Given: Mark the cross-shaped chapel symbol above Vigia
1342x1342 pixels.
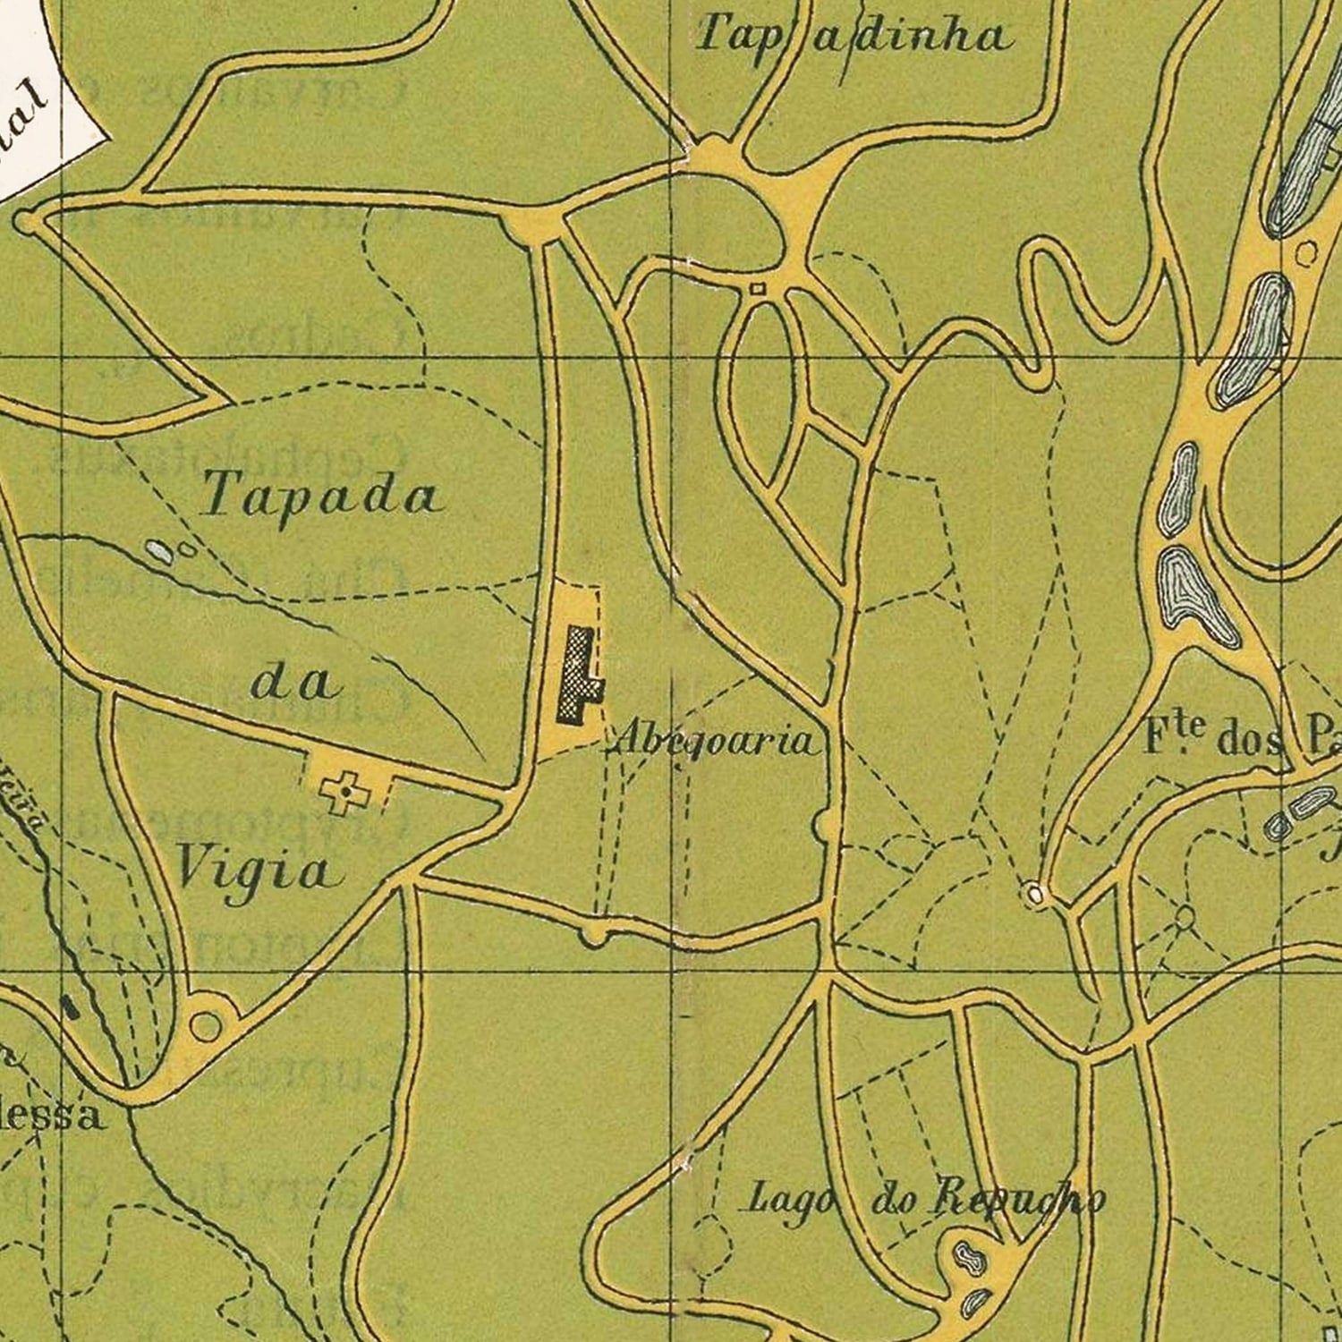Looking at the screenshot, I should pos(344,792).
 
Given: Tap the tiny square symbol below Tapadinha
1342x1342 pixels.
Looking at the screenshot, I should pos(757,288).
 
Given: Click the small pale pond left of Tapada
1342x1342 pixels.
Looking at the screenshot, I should pos(158,551).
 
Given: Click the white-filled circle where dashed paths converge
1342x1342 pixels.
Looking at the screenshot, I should pos(1035,894).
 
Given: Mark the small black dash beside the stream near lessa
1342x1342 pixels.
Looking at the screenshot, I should pos(70,1008).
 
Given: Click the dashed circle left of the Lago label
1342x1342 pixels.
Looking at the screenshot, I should pos(711,1244).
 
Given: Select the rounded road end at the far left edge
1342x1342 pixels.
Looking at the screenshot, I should pos(24,220).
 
